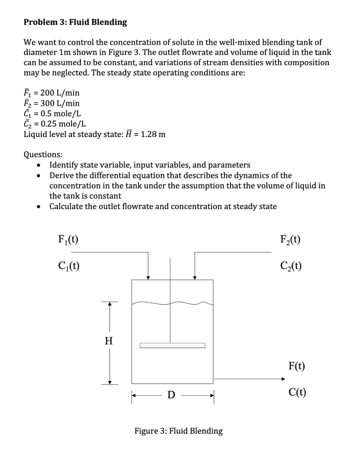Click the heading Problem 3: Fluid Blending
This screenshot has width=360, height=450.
75,22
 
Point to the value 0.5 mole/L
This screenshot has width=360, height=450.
59,113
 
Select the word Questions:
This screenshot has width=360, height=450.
43,154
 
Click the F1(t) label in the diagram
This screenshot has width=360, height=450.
68,240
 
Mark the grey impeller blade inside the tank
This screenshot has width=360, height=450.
172,345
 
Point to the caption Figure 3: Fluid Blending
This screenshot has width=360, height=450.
178,431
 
